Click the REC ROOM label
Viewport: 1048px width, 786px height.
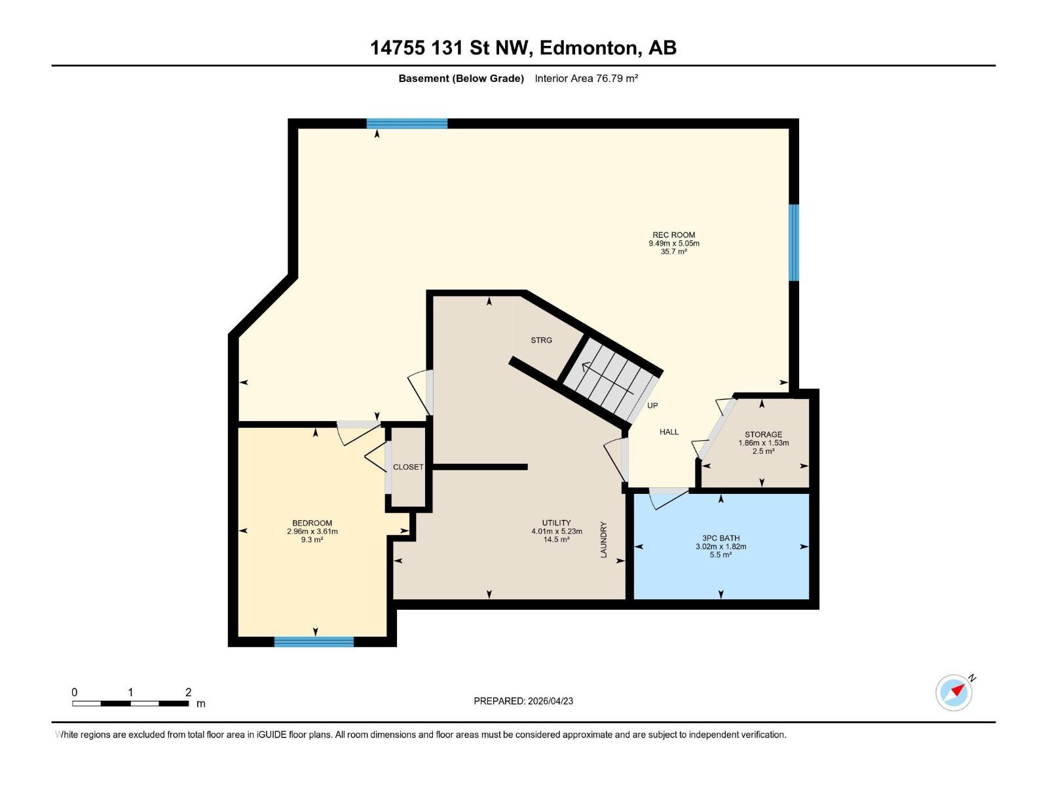point(673,234)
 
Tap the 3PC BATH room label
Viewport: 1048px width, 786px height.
point(720,538)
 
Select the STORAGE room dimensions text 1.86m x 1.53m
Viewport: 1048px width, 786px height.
point(763,443)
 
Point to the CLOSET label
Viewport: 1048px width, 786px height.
point(408,467)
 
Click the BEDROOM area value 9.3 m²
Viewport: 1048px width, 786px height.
point(312,540)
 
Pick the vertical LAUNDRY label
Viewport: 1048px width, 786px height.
point(604,540)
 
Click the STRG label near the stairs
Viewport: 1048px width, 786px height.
point(541,340)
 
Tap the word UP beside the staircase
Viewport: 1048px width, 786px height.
point(652,405)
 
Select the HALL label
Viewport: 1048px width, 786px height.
point(669,432)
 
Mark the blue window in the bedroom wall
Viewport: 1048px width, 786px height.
point(314,641)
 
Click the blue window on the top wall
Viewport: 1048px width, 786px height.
point(407,123)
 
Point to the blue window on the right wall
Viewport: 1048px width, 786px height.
point(794,242)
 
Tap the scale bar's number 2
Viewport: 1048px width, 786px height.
point(189,692)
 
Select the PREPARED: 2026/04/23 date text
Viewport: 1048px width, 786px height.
point(523,701)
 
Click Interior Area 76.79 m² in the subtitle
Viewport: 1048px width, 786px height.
point(586,78)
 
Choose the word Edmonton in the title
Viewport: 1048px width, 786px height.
point(588,48)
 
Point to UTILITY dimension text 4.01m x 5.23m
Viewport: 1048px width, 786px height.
point(556,531)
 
